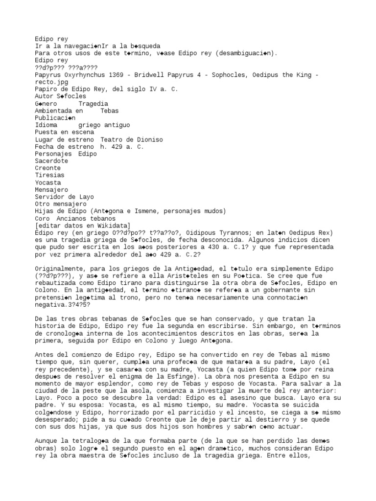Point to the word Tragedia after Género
[x=93, y=104]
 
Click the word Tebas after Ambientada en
[x=109, y=111]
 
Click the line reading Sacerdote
[x=51, y=161]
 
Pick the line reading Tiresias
[x=49, y=175]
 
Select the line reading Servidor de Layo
[x=64, y=197]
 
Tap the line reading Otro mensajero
[x=60, y=204]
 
